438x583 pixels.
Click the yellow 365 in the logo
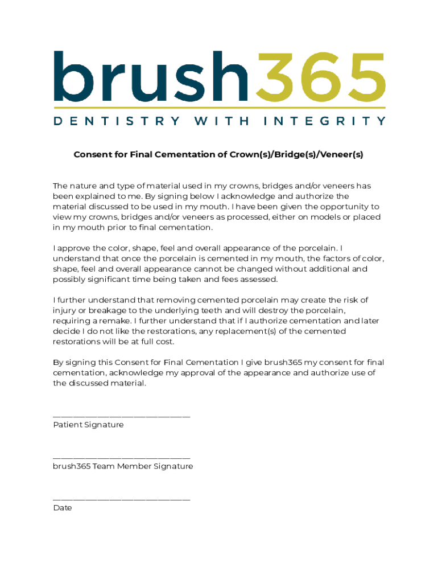(x=321, y=75)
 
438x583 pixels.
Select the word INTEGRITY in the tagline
(x=325, y=121)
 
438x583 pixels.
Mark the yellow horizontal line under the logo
(x=220, y=107)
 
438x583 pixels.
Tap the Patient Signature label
(x=88, y=425)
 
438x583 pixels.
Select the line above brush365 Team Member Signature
(x=122, y=458)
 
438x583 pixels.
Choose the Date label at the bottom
(x=63, y=507)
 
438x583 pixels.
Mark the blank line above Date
(x=122, y=499)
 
